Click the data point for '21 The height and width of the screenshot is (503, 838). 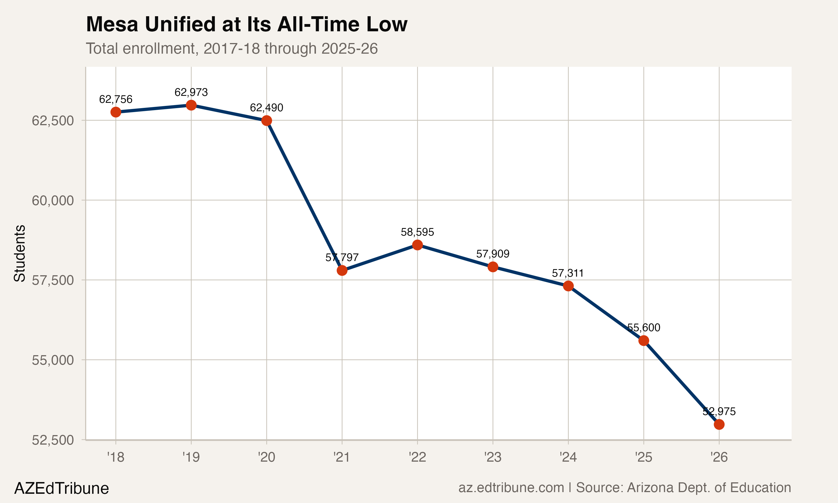pos(342,270)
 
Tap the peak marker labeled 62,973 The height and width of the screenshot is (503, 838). pos(191,105)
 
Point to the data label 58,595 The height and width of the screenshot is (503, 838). pos(417,232)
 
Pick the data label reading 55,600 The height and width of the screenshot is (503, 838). pos(643,328)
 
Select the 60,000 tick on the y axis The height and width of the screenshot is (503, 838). pos(53,200)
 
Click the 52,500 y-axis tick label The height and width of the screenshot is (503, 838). pos(53,440)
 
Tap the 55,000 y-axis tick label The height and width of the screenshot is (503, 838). pos(53,360)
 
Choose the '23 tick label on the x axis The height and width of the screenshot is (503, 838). pos(492,457)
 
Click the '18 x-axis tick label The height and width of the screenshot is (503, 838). pos(116,457)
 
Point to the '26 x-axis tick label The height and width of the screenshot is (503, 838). pos(719,457)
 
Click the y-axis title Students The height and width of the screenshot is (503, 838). pos(20,253)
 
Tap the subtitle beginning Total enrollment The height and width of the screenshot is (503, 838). pos(232,48)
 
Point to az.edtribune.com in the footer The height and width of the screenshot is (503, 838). pos(511,488)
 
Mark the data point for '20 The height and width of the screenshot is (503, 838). pos(266,120)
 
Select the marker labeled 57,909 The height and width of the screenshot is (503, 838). pos(492,267)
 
